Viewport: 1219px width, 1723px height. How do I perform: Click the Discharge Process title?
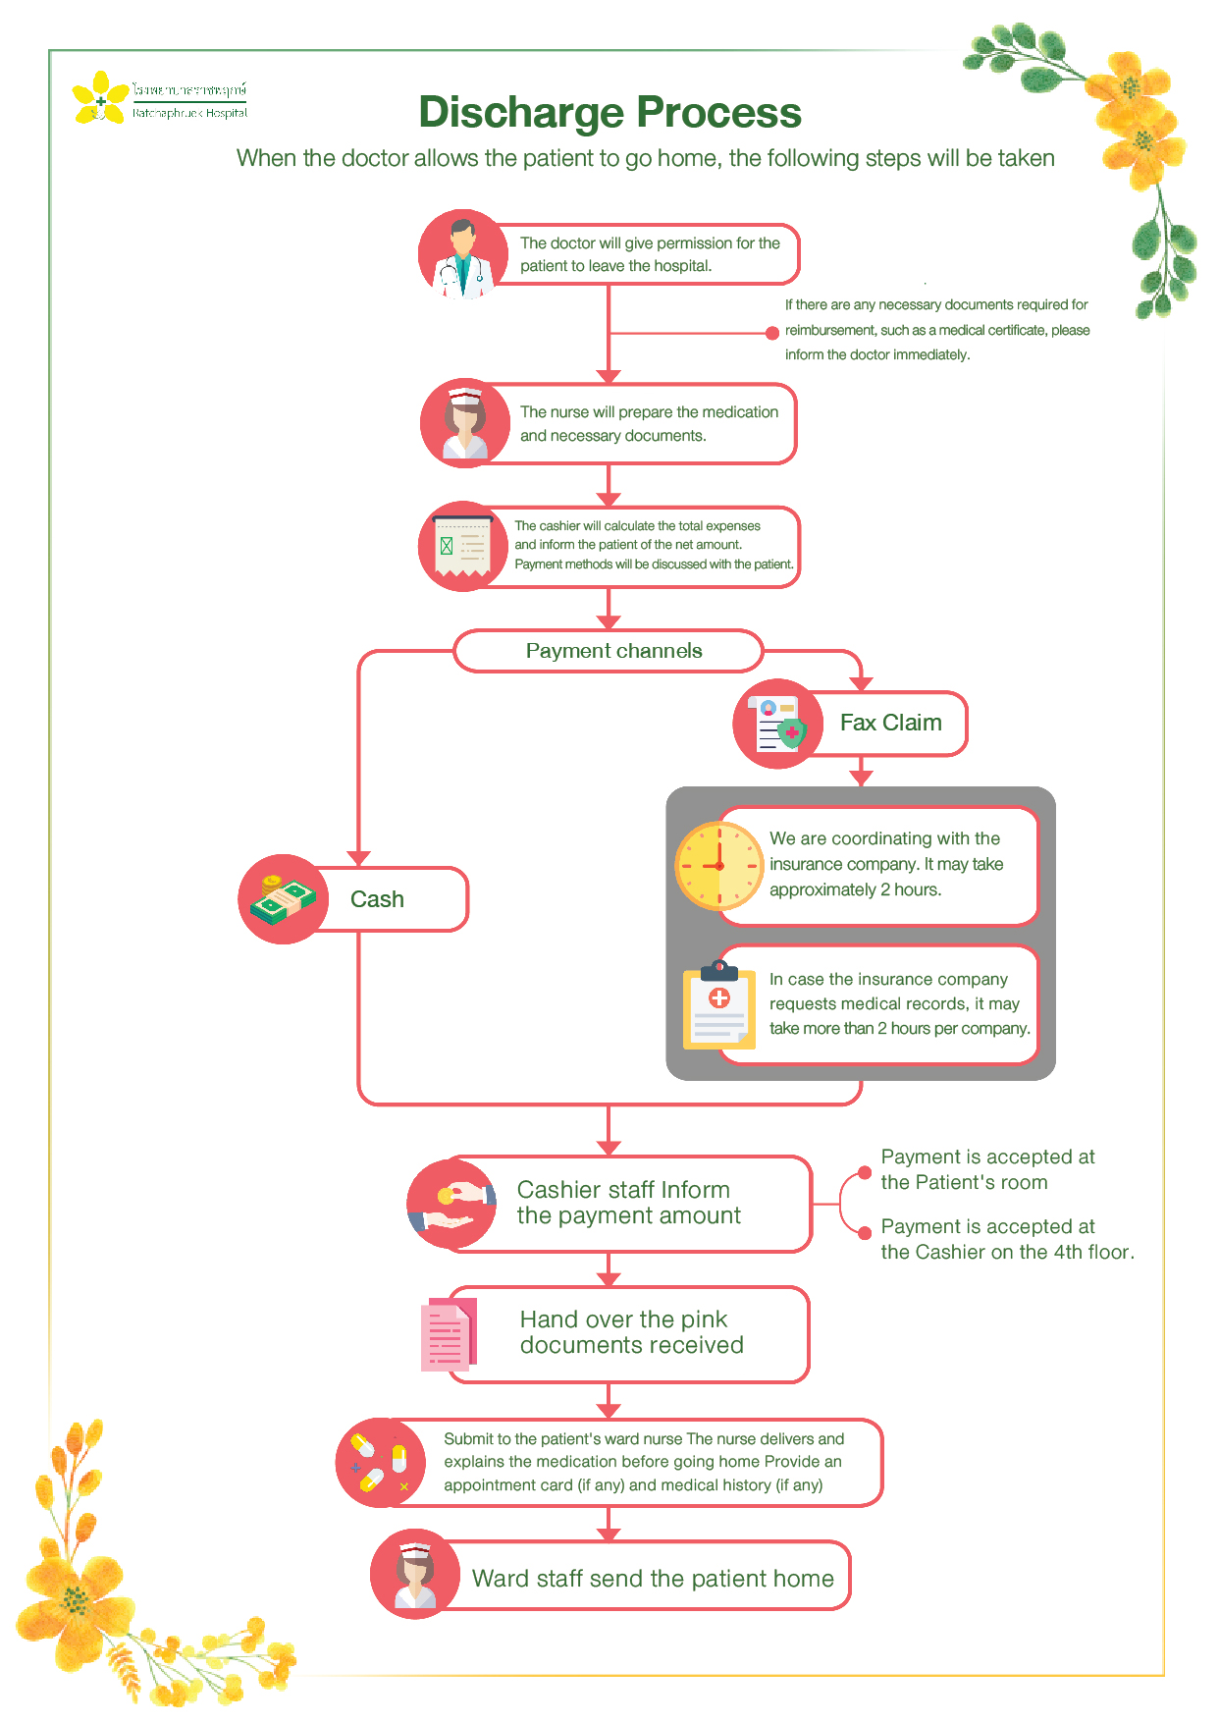coord(609,112)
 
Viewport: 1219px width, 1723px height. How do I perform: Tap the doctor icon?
coord(462,255)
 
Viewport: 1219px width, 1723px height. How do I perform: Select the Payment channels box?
coord(609,651)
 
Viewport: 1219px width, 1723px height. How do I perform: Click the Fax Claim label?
coord(890,723)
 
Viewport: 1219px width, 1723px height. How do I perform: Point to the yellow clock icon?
coord(719,866)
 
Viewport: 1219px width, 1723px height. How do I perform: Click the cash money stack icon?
coord(283,898)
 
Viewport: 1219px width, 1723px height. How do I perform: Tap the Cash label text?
coord(377,899)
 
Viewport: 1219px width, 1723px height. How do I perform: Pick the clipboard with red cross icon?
coord(719,1005)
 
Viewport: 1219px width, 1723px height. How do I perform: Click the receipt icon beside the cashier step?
coord(462,546)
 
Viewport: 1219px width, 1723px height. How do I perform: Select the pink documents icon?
coord(449,1334)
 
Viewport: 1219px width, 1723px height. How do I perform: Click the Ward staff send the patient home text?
coord(653,1579)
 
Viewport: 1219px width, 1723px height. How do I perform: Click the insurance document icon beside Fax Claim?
coord(777,724)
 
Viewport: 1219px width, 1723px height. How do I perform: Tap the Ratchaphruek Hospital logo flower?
coord(100,97)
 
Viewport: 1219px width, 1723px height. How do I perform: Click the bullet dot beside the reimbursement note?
coord(772,333)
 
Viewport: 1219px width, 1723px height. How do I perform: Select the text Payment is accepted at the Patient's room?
coord(986,1169)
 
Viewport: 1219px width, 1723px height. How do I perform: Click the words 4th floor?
coord(1093,1252)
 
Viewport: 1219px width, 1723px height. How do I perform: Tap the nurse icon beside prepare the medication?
coord(464,423)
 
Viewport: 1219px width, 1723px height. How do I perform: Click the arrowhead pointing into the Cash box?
coord(359,858)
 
